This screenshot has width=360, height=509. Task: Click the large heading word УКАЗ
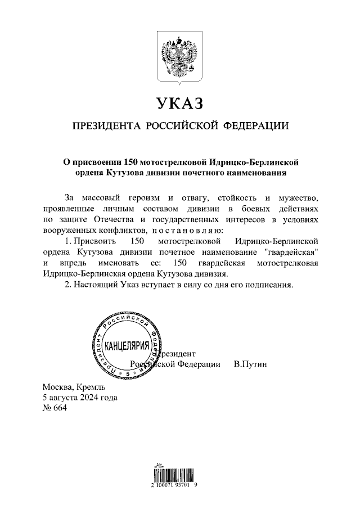[179, 104]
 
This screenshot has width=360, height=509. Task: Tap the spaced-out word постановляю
[191, 231]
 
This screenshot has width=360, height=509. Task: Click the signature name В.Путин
[250, 364]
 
